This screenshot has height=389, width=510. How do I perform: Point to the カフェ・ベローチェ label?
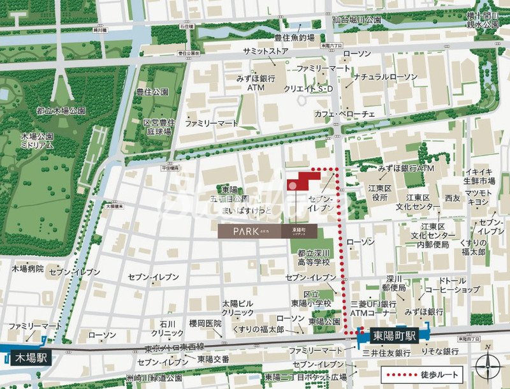[345, 114]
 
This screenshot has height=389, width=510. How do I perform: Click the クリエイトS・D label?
[309, 89]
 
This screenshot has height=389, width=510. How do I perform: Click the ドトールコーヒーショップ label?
[452, 284]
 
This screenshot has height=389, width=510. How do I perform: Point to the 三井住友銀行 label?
[385, 353]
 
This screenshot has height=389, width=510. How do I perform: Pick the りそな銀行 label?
[439, 351]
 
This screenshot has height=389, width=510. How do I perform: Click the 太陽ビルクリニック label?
[238, 308]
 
